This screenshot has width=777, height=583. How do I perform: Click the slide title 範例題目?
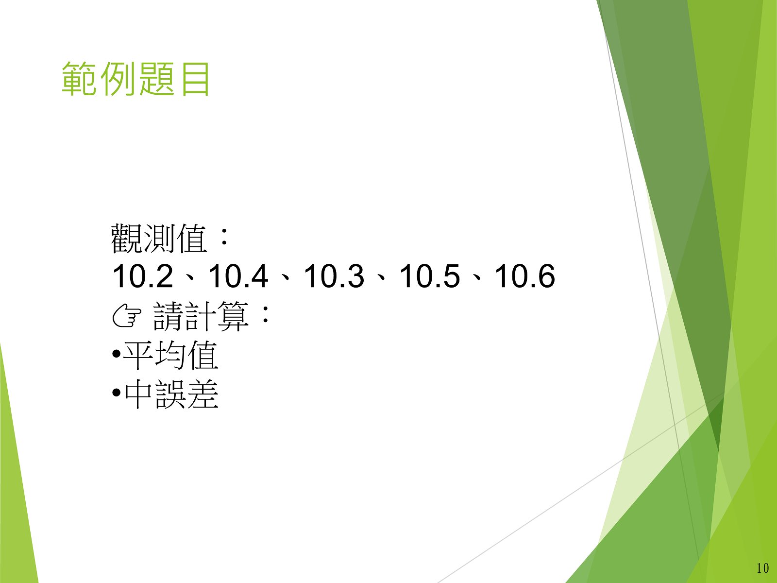click(x=136, y=79)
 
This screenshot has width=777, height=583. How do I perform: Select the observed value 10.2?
click(x=143, y=276)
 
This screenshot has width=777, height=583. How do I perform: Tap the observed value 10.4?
click(x=238, y=276)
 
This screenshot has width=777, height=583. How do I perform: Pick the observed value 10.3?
click(x=334, y=276)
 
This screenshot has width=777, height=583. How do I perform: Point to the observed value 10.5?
click(x=429, y=276)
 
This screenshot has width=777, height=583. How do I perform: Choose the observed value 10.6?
click(x=524, y=276)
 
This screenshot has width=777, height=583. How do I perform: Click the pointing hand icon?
click(x=127, y=317)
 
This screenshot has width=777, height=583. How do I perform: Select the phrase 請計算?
click(x=201, y=316)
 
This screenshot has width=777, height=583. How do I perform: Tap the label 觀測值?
click(x=159, y=238)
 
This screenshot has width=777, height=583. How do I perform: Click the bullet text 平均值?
click(x=170, y=355)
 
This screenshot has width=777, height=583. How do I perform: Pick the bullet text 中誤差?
click(x=171, y=394)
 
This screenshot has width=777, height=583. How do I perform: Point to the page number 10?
click(x=762, y=568)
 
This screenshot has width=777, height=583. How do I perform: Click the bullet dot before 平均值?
click(x=116, y=353)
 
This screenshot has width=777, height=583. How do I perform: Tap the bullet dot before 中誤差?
click(x=116, y=392)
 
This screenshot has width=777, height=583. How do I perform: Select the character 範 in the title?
click(x=79, y=79)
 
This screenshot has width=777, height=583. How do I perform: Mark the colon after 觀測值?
click(x=224, y=237)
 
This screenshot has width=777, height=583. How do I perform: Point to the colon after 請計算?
click(x=265, y=314)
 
